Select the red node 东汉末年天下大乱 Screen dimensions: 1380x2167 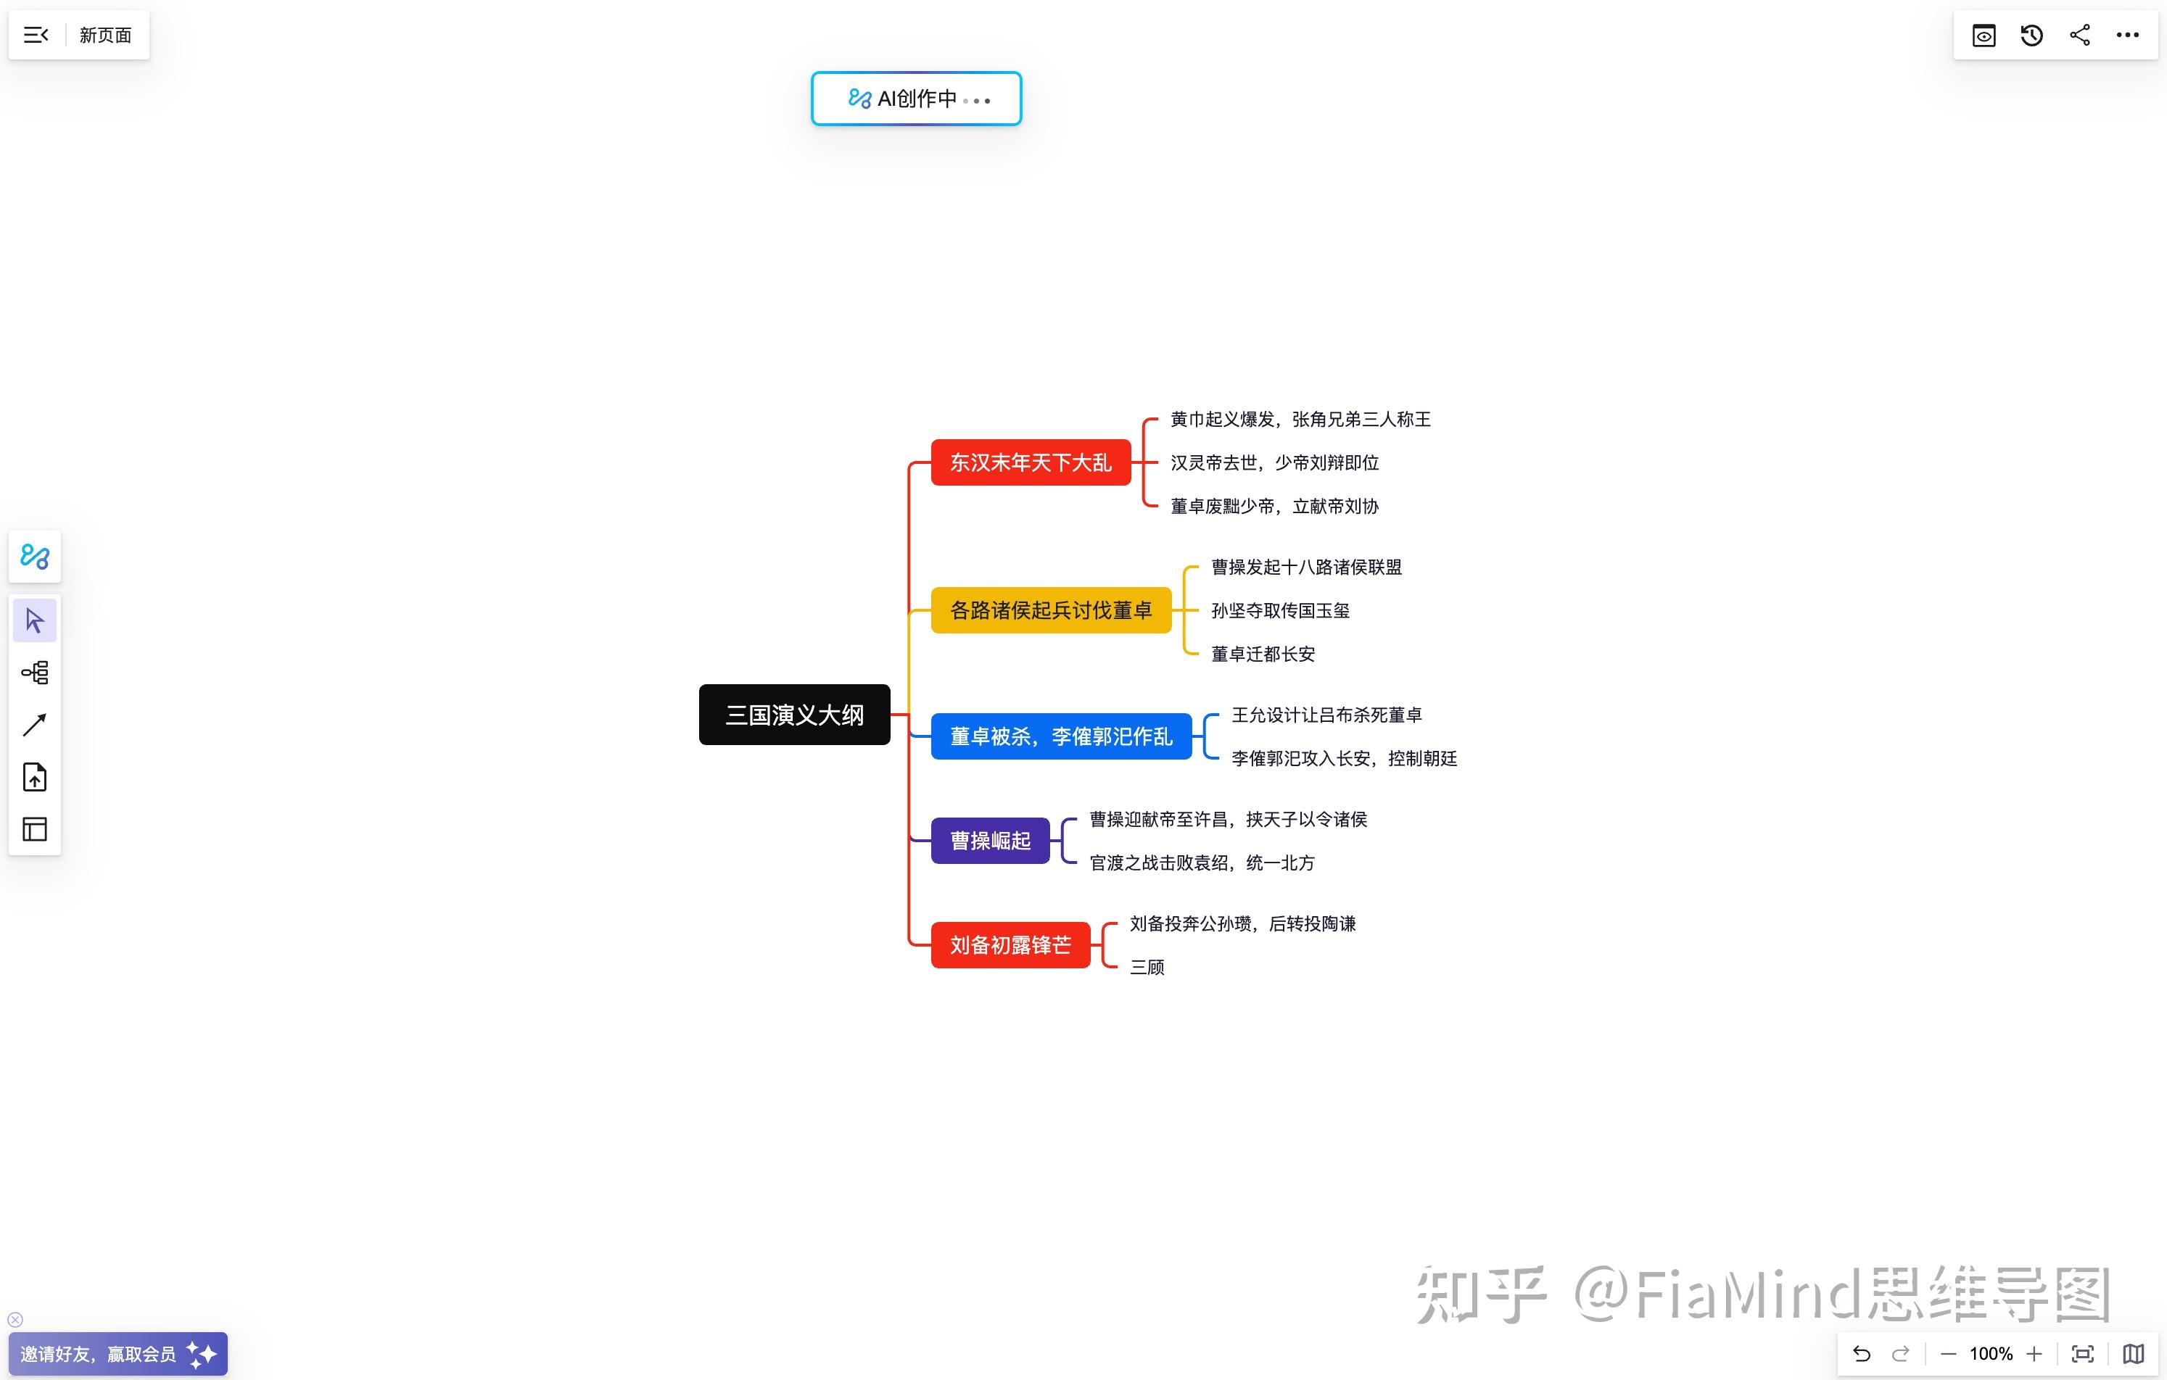(x=1031, y=462)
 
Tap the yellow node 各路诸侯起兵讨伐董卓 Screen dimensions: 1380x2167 (x=1050, y=610)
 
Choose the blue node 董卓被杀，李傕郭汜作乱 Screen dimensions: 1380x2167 (x=1061, y=736)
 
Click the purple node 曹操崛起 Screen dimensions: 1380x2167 (x=990, y=840)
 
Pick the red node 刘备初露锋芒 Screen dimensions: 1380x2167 (x=1010, y=944)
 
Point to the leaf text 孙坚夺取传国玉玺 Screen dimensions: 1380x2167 (x=1280, y=611)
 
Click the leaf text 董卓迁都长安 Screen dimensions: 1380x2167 (x=1263, y=654)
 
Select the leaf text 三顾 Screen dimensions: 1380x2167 (x=1147, y=967)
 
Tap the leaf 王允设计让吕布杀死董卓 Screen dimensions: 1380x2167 (x=1326, y=715)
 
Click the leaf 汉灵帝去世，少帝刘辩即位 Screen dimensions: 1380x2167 (x=1274, y=463)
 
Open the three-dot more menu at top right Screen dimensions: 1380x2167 (x=2127, y=35)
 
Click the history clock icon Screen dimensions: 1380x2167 (x=2032, y=35)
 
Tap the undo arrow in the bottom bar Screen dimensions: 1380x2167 (x=1862, y=1354)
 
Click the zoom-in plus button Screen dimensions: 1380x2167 (x=2034, y=1354)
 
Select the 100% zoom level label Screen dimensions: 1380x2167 (x=1991, y=1354)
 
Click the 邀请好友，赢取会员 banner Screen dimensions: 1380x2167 (x=117, y=1354)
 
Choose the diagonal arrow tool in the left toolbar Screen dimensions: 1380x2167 (x=34, y=725)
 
